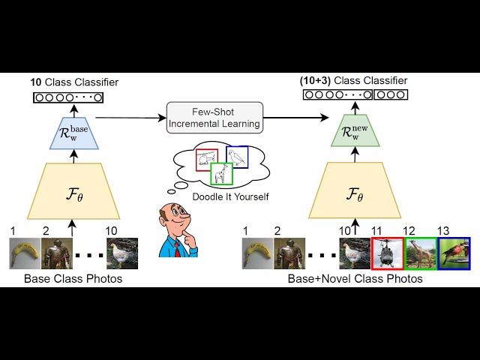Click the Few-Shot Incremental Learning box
(215, 117)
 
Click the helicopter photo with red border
(388, 253)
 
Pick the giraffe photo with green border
(421, 253)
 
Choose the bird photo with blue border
(454, 253)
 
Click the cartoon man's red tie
(178, 247)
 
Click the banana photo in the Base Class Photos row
(23, 253)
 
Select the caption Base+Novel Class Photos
(355, 278)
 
